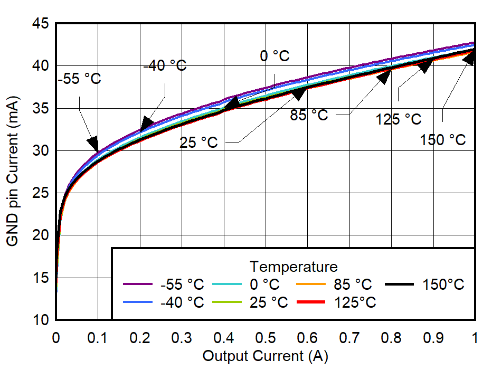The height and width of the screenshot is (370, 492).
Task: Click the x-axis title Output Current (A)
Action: pyautogui.click(x=265, y=356)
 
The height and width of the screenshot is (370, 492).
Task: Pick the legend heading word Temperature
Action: pyautogui.click(x=294, y=265)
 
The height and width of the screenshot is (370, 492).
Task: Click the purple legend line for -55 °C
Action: pyautogui.click(x=138, y=285)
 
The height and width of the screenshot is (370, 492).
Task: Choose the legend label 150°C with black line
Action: pyautogui.click(x=443, y=285)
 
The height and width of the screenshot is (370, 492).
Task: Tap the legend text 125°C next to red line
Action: pyautogui.click(x=355, y=302)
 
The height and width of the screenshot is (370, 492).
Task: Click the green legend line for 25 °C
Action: pyautogui.click(x=227, y=302)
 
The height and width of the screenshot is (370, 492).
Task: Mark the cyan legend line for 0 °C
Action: pyautogui.click(x=227, y=285)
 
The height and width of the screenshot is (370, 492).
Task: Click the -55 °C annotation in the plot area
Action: pyautogui.click(x=80, y=80)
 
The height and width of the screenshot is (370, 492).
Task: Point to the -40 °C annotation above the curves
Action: pyautogui.click(x=165, y=66)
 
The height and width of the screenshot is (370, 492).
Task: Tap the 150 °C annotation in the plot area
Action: pyautogui.click(x=443, y=140)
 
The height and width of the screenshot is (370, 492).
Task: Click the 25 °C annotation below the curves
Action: pyautogui.click(x=198, y=143)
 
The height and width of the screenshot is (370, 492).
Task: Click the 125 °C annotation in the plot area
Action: pyautogui.click(x=399, y=119)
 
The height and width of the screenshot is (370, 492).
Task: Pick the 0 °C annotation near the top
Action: pyautogui.click(x=275, y=56)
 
